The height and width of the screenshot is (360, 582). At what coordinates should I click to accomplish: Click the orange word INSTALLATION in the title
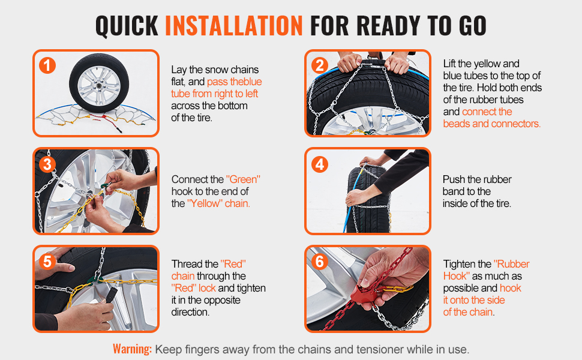pos(234,26)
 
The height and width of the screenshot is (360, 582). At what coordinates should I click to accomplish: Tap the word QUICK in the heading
pos(127,26)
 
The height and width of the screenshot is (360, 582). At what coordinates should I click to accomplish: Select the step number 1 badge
pos(47,65)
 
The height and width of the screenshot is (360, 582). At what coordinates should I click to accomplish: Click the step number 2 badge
pos(320,65)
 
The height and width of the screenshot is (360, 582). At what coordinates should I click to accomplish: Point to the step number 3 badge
pos(47,164)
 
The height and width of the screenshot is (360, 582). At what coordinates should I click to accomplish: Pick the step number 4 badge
pos(320,164)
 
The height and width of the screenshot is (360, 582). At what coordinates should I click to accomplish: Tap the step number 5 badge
pos(47,262)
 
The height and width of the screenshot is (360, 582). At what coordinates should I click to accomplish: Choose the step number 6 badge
pos(320,262)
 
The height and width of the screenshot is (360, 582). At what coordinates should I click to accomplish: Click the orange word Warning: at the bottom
pos(133,349)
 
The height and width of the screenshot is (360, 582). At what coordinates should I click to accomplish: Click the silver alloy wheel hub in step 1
pos(99,86)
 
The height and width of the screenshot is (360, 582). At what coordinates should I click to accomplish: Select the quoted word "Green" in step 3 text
pos(243,179)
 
